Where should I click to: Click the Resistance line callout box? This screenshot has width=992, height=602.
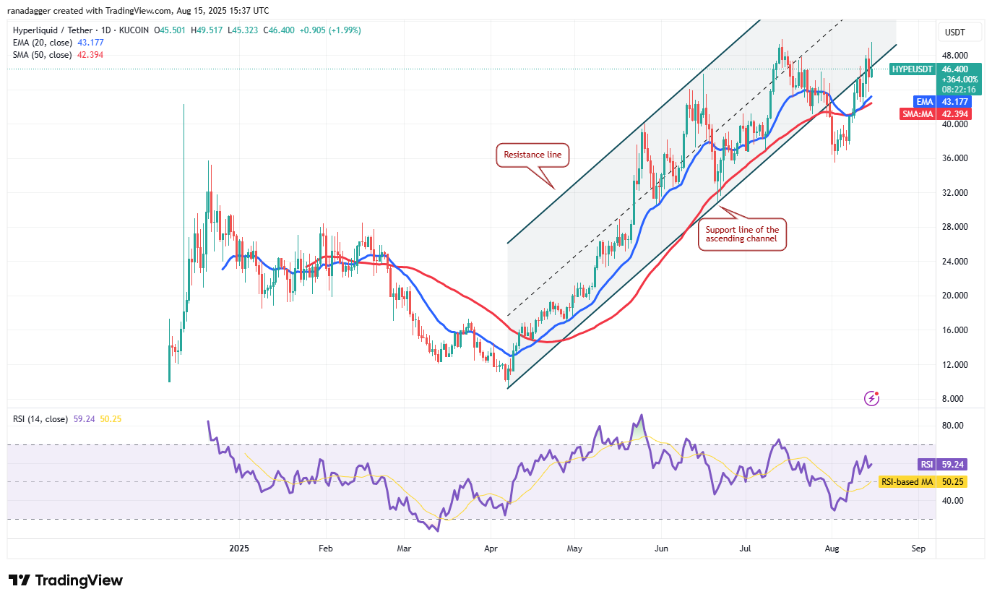[532, 155]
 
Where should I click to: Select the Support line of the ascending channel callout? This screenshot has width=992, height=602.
[742, 236]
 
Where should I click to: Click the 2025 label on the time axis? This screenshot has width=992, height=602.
[238, 548]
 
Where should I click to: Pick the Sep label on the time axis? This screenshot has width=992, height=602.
[919, 548]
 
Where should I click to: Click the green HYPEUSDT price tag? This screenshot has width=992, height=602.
[913, 69]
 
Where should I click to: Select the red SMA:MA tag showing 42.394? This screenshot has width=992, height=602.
[935, 114]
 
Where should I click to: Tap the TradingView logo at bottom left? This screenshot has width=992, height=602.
[66, 580]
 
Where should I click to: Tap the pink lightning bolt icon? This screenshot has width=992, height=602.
[872, 398]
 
